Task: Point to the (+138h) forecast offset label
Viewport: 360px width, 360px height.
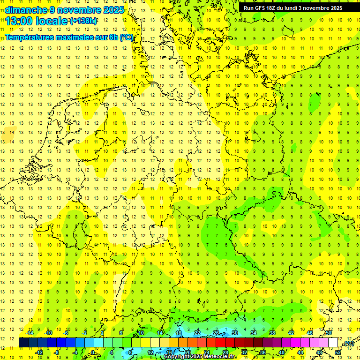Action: click(x=83, y=21)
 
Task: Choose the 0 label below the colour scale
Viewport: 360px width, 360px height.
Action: click(x=93, y=352)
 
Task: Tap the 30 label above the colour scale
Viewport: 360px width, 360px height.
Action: click(x=235, y=333)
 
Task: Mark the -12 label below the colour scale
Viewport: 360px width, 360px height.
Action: click(x=39, y=352)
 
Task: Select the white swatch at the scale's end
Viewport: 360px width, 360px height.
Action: click(x=333, y=343)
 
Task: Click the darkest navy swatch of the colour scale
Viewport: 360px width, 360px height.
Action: click(x=23, y=343)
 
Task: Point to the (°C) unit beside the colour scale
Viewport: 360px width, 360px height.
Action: click(x=348, y=344)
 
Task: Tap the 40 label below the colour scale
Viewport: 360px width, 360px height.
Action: click(x=281, y=352)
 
